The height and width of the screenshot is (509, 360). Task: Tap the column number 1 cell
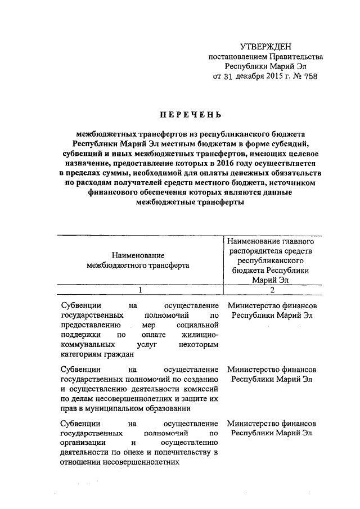[x=141, y=290]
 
